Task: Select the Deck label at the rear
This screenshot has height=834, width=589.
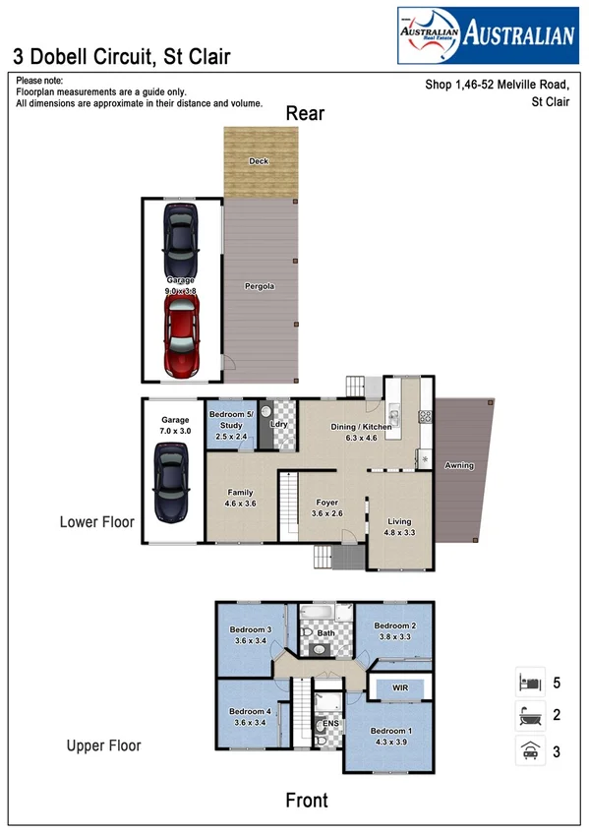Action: click(x=259, y=161)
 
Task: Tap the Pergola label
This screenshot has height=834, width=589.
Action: click(x=259, y=286)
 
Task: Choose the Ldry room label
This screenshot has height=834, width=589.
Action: click(x=278, y=425)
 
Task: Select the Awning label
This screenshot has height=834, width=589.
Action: click(x=460, y=465)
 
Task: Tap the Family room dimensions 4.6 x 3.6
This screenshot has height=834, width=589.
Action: click(x=241, y=504)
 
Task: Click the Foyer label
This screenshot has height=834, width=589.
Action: click(x=327, y=501)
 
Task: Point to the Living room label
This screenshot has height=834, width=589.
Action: click(x=399, y=522)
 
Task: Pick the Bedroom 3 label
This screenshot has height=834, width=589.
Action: click(x=250, y=629)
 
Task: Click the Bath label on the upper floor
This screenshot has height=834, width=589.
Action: click(x=325, y=634)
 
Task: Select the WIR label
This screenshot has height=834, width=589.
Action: click(x=399, y=685)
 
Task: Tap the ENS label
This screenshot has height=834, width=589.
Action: click(x=329, y=727)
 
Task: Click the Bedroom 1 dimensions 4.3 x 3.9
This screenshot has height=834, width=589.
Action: click(x=389, y=742)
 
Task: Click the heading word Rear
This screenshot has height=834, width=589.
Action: click(x=305, y=113)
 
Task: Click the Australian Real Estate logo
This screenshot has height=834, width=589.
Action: click(x=486, y=35)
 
